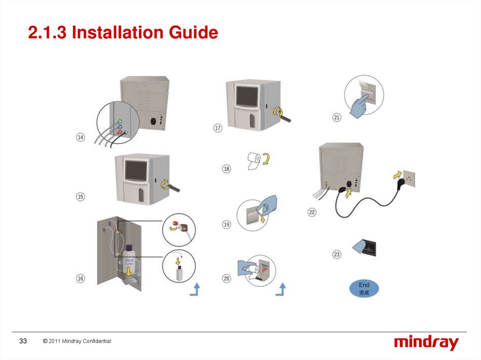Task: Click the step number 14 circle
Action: pos(81,138)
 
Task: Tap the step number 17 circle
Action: pos(218,128)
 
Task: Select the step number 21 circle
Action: pos(337,118)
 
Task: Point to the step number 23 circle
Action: pos(337,254)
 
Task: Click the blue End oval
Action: pos(364,288)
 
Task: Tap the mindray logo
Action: pos(426,343)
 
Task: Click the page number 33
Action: pos(23,341)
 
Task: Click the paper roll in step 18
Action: pos(254,161)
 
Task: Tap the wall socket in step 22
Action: pos(407,178)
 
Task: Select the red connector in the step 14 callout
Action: pos(121,133)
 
